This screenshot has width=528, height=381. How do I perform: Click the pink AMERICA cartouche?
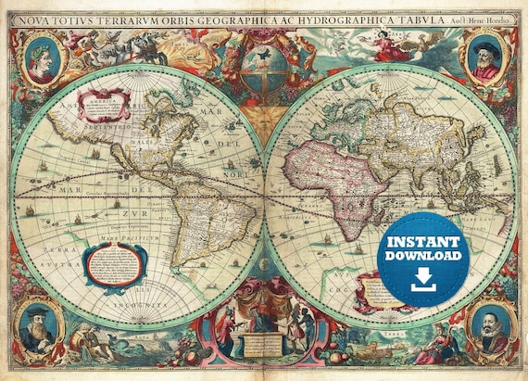[105, 108]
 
